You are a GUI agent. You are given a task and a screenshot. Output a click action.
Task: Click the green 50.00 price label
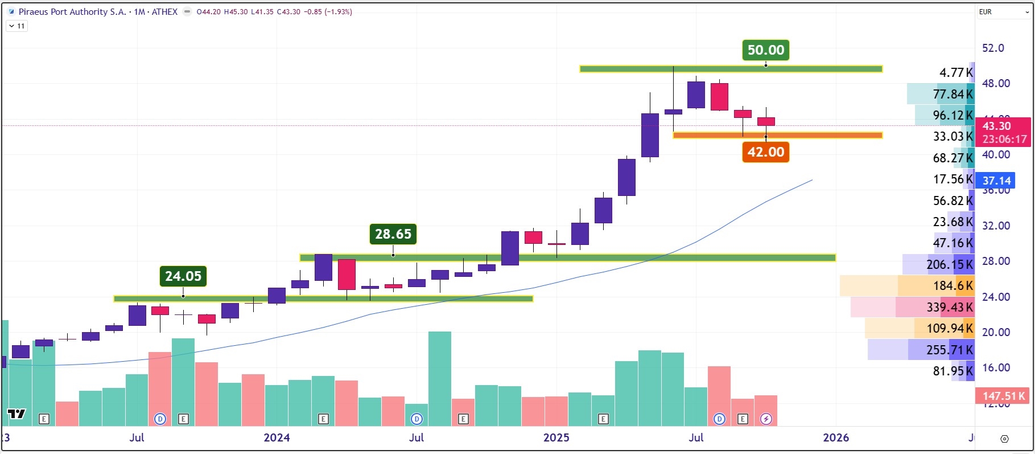[765, 50]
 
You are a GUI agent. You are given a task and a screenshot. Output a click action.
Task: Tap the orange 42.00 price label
[765, 152]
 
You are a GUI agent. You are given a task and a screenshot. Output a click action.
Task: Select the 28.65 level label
[393, 234]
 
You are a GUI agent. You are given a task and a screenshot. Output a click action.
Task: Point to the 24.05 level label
[183, 276]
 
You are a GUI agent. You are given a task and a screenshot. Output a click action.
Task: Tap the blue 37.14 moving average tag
[997, 181]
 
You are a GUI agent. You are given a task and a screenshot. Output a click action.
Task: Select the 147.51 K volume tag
[1003, 395]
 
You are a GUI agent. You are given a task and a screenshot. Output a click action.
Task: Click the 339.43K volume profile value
[949, 308]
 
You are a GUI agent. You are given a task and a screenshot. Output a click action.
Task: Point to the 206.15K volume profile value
[949, 264]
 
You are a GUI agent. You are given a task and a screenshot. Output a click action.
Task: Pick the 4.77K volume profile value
[955, 72]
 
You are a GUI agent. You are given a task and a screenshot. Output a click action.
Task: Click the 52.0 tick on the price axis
[993, 48]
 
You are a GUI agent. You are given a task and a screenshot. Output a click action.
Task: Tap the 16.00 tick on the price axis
[996, 367]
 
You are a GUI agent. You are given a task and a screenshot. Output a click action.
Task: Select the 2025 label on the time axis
[556, 437]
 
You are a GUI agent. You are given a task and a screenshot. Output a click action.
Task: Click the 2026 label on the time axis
[835, 437]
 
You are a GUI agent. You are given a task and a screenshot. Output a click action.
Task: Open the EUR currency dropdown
[1003, 12]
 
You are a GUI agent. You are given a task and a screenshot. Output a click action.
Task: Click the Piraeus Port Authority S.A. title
[72, 12]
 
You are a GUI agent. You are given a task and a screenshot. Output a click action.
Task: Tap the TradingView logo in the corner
[17, 414]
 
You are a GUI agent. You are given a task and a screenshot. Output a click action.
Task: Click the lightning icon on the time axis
[766, 419]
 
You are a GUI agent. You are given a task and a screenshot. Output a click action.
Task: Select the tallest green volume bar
[439, 378]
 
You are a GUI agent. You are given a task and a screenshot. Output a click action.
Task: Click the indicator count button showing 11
[17, 26]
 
